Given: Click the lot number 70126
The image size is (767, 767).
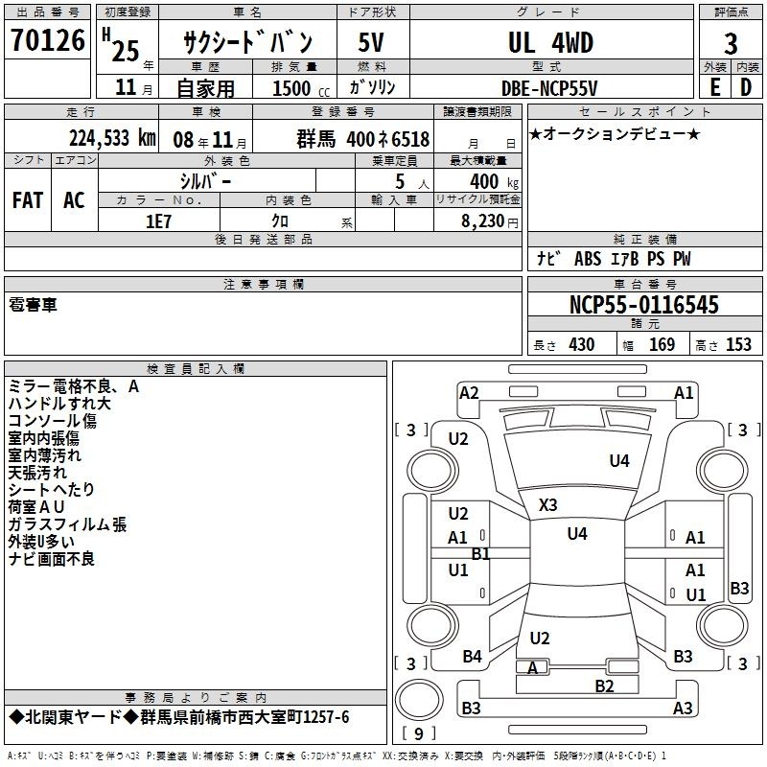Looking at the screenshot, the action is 47,39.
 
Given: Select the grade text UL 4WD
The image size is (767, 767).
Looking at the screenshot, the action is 550,42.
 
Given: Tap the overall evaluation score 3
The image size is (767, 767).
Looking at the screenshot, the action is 731,43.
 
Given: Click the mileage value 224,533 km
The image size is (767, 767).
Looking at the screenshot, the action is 112,138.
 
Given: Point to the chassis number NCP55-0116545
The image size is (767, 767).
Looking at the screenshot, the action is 644,305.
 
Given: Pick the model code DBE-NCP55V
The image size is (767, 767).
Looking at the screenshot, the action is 549,88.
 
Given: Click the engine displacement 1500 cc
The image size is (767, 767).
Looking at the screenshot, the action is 301,88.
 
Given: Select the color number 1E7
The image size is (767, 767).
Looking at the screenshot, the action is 158,221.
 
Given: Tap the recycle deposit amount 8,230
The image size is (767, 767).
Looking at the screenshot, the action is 482,221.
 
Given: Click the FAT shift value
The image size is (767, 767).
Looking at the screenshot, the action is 28,200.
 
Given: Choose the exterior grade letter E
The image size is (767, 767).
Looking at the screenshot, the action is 715,87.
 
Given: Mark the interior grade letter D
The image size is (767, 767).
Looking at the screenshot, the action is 746,87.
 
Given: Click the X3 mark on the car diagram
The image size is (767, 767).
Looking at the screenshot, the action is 547,505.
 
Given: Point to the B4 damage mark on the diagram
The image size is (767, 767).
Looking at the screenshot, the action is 472,656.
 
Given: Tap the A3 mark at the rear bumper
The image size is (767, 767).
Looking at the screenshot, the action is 683,708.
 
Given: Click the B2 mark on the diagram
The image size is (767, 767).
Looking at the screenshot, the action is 604,686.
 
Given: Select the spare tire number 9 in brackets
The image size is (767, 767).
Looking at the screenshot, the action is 419,733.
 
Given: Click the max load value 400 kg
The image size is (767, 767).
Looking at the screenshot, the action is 494,181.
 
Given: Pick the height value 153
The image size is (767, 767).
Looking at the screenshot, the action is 738,344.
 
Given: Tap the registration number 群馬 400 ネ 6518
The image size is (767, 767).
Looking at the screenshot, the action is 363,139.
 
